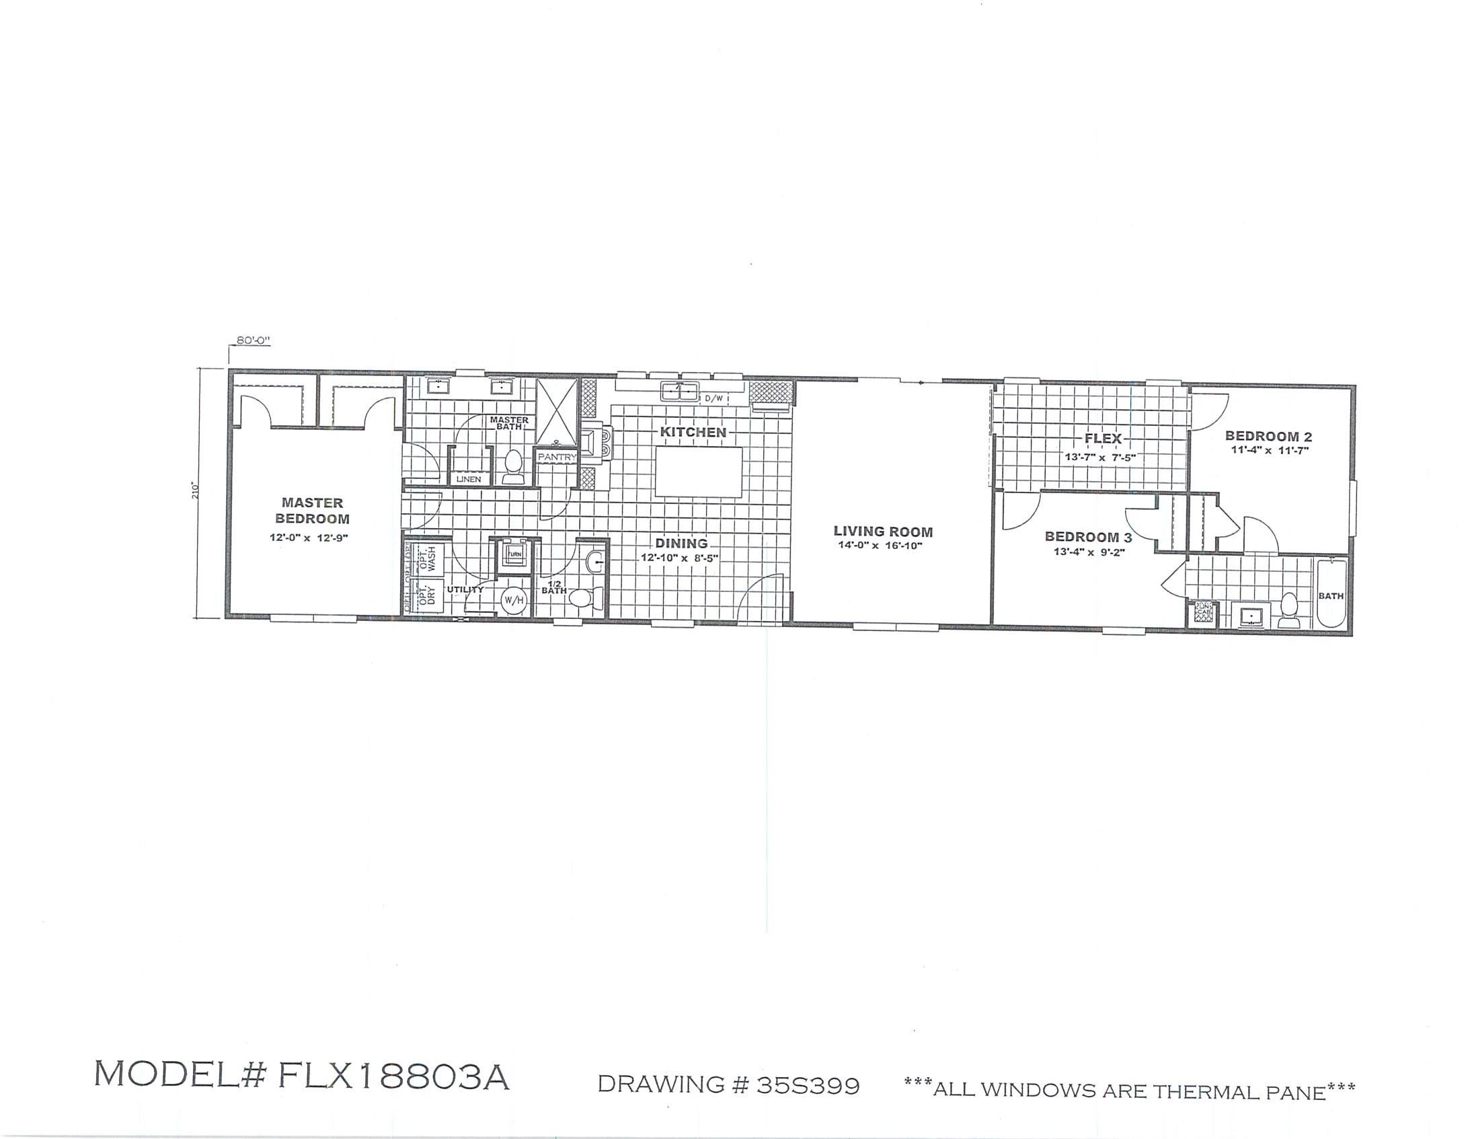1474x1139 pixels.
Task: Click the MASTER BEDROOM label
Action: (x=312, y=511)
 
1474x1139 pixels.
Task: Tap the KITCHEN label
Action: (x=693, y=432)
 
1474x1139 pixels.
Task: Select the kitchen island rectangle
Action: (x=699, y=472)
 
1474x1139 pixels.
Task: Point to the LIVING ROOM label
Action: (x=883, y=531)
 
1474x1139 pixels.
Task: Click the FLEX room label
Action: (x=1103, y=438)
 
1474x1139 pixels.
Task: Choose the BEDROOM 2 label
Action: (x=1268, y=436)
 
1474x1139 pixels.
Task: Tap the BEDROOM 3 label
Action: (x=1088, y=537)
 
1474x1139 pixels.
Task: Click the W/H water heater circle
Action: (x=514, y=600)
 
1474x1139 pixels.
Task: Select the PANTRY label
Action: (x=557, y=457)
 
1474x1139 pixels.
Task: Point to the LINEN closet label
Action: (x=469, y=479)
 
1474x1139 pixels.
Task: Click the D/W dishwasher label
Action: (x=714, y=398)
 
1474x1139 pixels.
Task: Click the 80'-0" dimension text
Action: (x=253, y=340)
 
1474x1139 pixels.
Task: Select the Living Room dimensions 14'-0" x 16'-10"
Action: (x=880, y=546)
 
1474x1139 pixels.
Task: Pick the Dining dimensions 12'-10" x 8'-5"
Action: (x=680, y=558)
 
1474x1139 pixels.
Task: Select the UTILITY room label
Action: (x=465, y=589)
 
